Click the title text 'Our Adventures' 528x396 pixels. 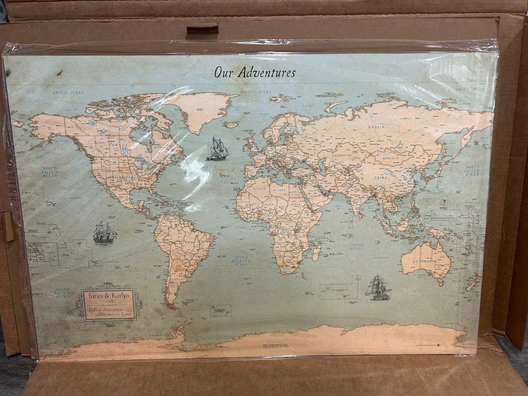tap(255, 72)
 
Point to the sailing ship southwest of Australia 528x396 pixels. tap(378, 287)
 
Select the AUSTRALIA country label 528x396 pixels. tap(425, 261)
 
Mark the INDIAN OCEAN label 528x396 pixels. tap(356, 246)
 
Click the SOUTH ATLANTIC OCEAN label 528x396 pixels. tap(241, 260)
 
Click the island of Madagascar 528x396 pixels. tap(316, 252)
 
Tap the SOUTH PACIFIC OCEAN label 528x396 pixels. tap(63, 293)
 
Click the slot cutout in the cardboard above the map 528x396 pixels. tap(202, 29)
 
